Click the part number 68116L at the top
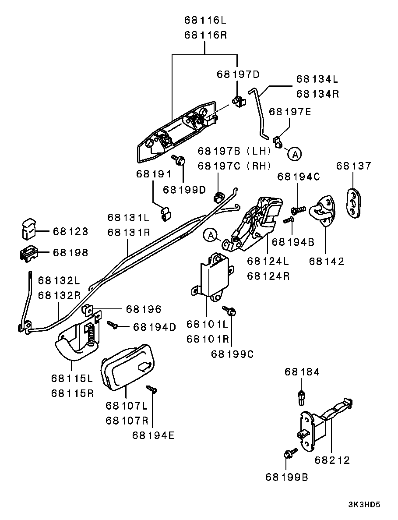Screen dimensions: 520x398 [205, 20]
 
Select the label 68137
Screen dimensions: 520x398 [353, 166]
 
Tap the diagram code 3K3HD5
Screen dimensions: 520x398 [364, 505]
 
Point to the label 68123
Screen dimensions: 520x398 [70, 231]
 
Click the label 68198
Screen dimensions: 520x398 [70, 253]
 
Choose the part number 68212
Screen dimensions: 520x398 [332, 460]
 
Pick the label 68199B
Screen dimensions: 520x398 [287, 477]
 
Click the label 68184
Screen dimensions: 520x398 [302, 372]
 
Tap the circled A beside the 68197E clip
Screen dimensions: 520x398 [295, 154]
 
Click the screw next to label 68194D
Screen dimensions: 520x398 [113, 325]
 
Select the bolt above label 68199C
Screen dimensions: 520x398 [230, 311]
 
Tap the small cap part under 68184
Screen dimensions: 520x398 [301, 396]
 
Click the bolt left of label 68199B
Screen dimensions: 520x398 [289, 454]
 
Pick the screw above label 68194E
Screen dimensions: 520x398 [151, 388]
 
